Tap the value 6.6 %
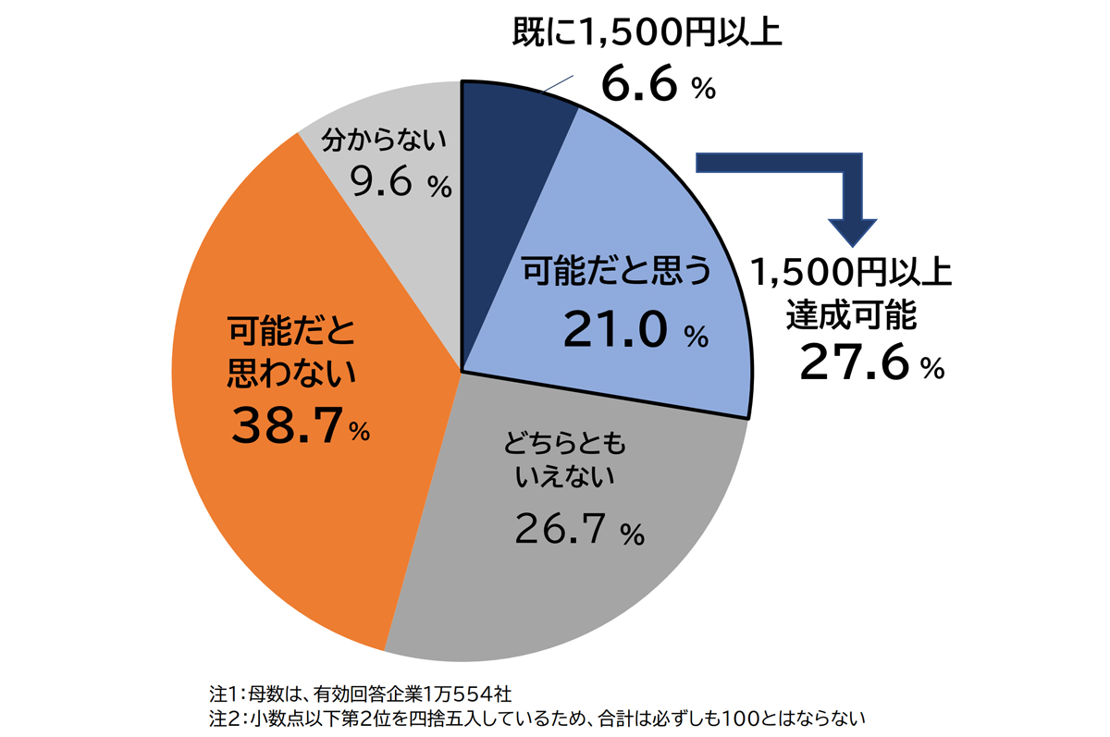coord(658,84)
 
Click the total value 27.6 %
coord(870,362)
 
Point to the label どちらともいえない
coord(564,462)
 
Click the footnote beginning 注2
coord(536,718)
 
